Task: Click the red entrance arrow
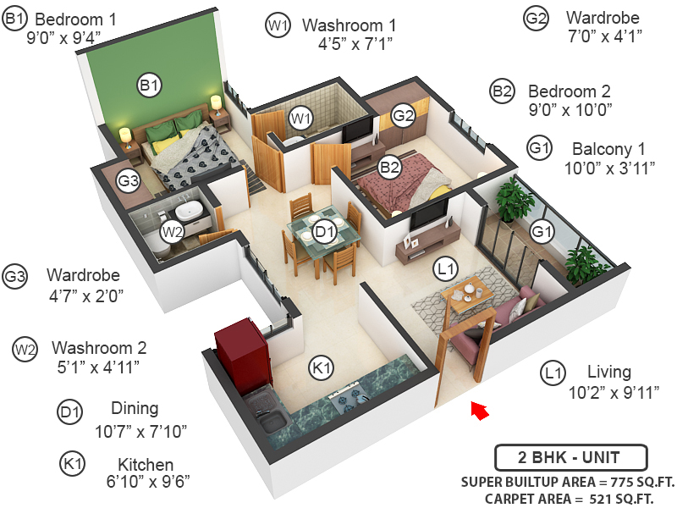[x=480, y=411]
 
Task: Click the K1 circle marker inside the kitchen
[x=320, y=368]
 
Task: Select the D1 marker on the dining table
[x=324, y=230]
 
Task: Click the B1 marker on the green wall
[x=150, y=85]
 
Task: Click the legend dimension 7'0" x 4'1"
[x=605, y=36]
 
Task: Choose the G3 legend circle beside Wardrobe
[x=16, y=277]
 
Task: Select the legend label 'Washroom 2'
[x=99, y=348]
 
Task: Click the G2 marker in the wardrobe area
[x=402, y=115]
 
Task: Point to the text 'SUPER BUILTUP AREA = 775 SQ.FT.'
[x=568, y=482]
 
